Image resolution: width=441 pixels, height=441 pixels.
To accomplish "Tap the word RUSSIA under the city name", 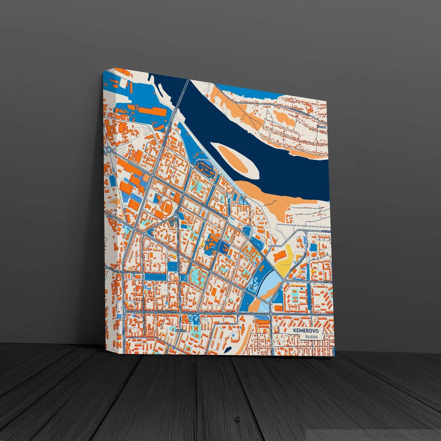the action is (x=309, y=337).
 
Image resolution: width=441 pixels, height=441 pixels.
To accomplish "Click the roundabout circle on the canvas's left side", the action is (x=109, y=150).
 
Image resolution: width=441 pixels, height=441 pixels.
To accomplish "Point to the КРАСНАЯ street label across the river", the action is (x=321, y=126).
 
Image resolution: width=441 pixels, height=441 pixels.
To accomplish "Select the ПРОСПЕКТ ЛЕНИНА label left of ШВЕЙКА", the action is (x=167, y=312).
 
